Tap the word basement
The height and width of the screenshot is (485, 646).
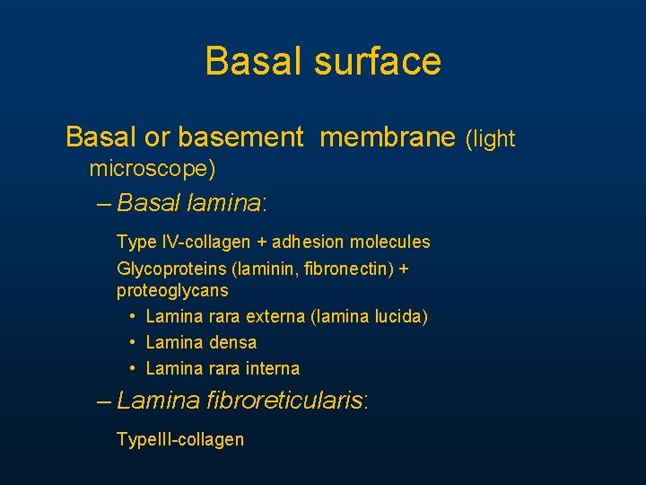coord(241,137)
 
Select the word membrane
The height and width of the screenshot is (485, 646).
coord(388,137)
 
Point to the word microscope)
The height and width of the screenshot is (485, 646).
coord(153,169)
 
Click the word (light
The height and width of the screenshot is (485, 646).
coord(490,139)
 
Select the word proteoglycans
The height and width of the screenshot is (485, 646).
coord(172,291)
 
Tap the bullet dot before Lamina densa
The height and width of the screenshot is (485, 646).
coord(132,342)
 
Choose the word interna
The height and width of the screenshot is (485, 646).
coord(271,368)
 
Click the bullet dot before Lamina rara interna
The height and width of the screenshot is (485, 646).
coord(132,368)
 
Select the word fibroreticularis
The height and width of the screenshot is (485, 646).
coord(286,400)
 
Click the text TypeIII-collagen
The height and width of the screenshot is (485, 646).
coord(180,439)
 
